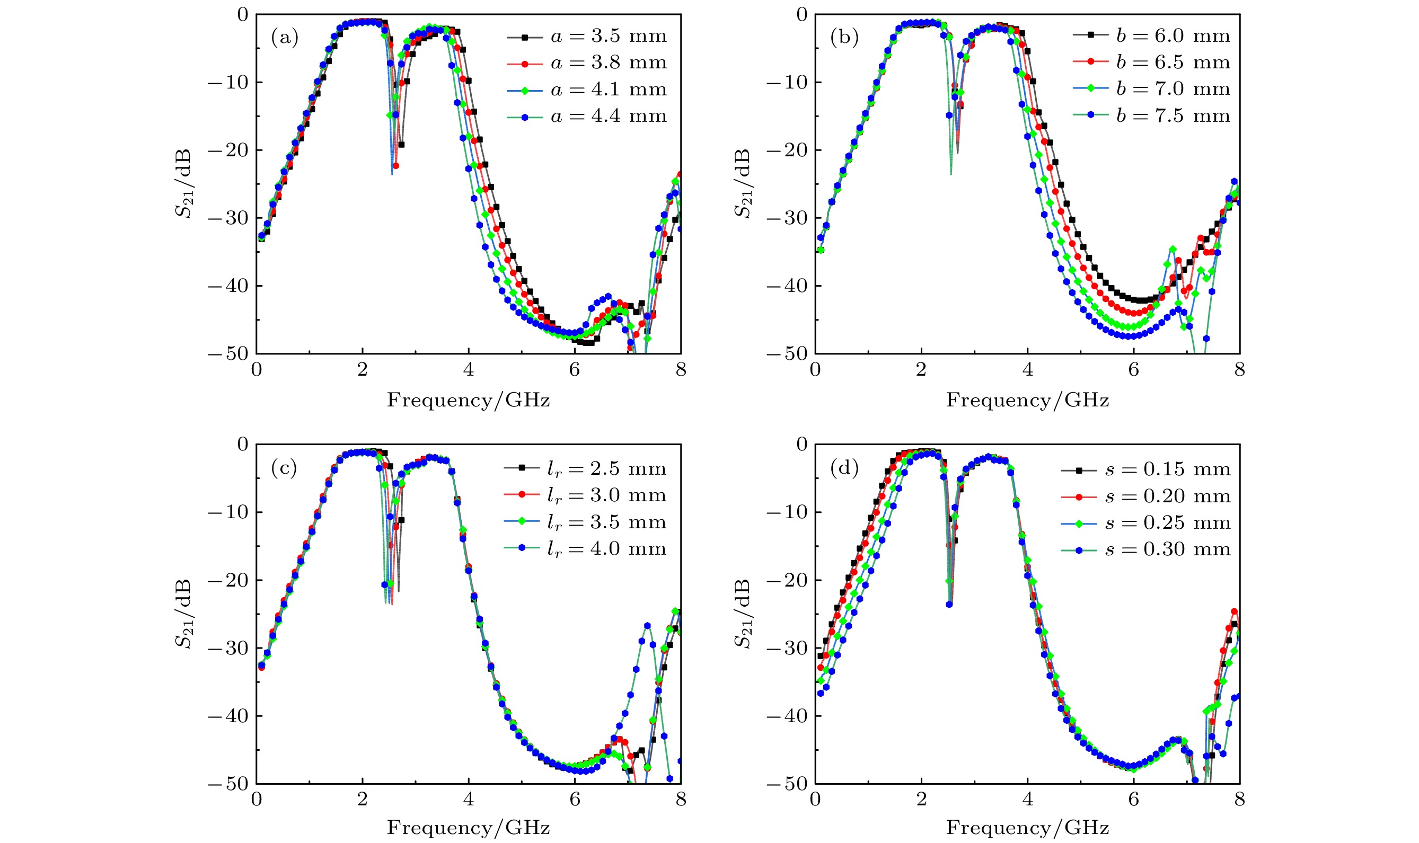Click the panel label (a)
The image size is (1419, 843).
(x=284, y=38)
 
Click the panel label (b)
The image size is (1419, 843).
(x=844, y=38)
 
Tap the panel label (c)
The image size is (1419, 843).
(x=284, y=468)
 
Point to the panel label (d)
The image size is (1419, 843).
(x=844, y=468)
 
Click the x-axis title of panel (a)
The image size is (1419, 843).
(x=468, y=401)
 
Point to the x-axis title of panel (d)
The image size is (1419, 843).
(x=1027, y=828)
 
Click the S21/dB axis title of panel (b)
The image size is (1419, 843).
(x=743, y=183)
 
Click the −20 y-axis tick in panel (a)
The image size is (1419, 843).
(x=228, y=150)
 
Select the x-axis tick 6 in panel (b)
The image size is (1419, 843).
(x=1133, y=370)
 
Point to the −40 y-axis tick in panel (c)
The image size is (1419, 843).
(x=228, y=716)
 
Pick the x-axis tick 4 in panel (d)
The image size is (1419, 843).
(x=1027, y=800)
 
